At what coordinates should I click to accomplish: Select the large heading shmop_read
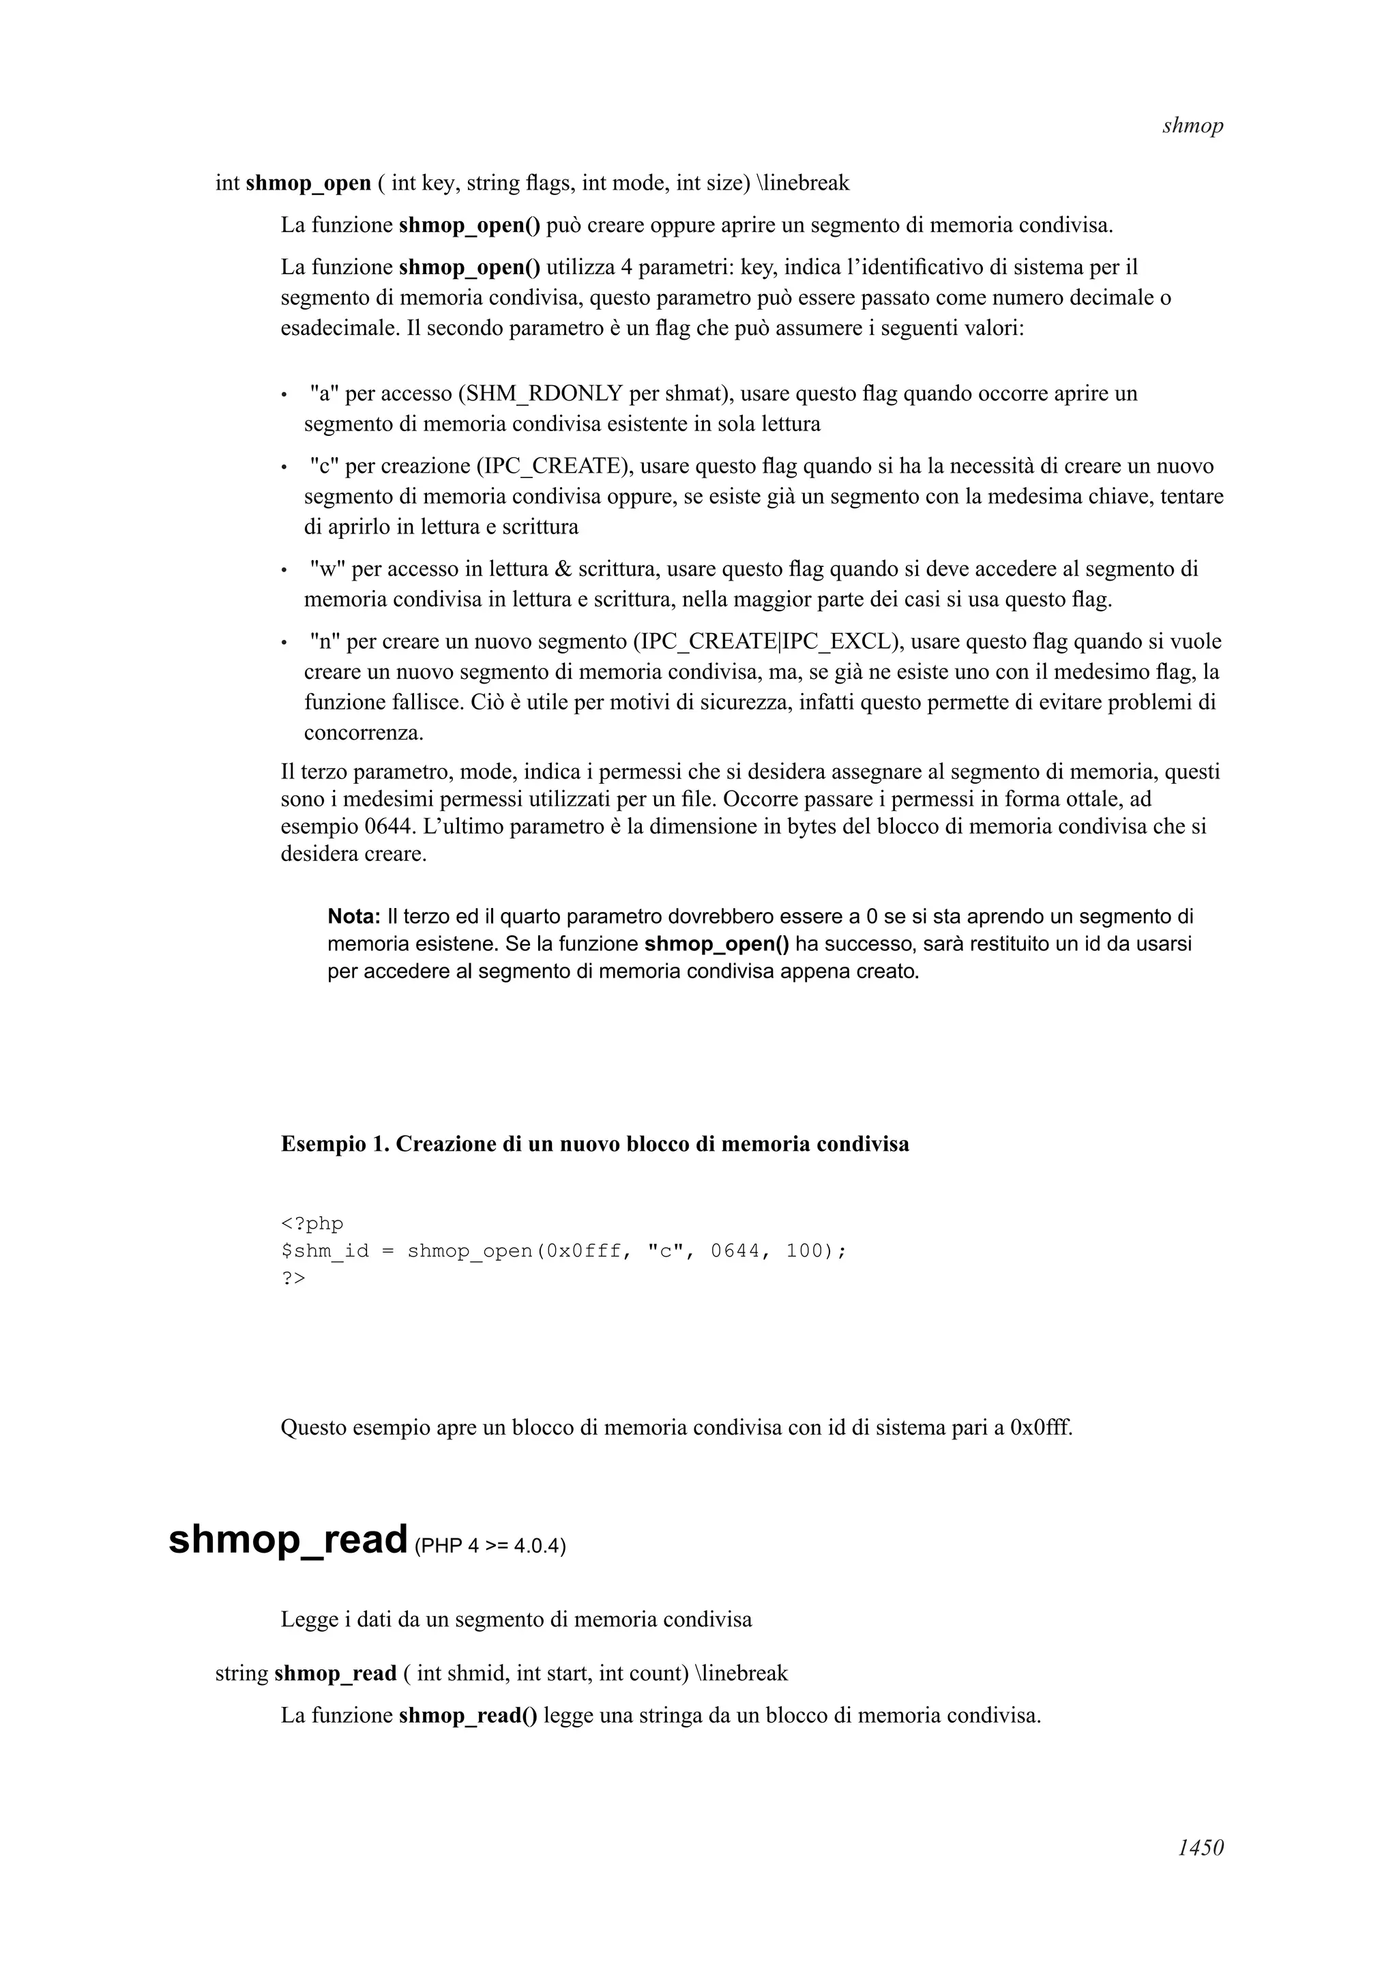tap(287, 1539)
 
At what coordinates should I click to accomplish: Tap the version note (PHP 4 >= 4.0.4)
tap(490, 1546)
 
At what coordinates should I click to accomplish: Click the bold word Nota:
tap(354, 916)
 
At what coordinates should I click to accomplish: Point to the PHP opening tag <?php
tap(312, 1224)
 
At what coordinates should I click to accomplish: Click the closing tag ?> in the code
tap(293, 1278)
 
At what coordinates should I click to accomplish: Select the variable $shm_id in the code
tap(325, 1251)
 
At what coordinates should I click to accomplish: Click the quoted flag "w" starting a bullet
tap(327, 569)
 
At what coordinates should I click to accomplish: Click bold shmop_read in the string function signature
tap(335, 1673)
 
